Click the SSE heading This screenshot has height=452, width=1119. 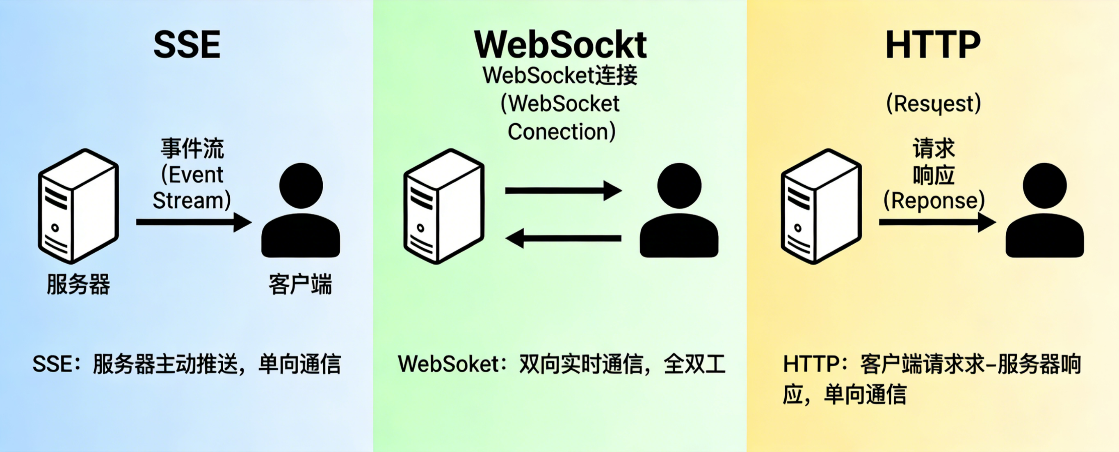[187, 45]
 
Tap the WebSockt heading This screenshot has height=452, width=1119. [560, 45]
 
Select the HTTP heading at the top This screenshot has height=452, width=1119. [933, 45]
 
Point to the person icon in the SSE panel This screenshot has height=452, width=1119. [301, 211]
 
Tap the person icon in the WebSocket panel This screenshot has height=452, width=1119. [679, 211]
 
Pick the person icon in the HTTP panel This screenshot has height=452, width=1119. [1045, 211]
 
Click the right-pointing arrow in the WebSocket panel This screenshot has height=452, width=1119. [563, 191]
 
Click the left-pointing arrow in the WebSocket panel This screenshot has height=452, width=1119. [563, 238]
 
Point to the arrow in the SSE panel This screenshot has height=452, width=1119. [193, 222]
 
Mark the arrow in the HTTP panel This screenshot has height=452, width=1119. [937, 222]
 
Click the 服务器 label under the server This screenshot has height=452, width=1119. [78, 284]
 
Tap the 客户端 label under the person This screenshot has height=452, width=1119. [300, 284]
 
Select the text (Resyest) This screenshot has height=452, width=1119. [934, 104]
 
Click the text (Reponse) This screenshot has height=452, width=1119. [934, 201]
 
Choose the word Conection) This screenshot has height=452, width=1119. [562, 132]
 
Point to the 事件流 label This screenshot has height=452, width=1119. [192, 148]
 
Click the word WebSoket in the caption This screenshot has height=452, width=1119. [449, 364]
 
